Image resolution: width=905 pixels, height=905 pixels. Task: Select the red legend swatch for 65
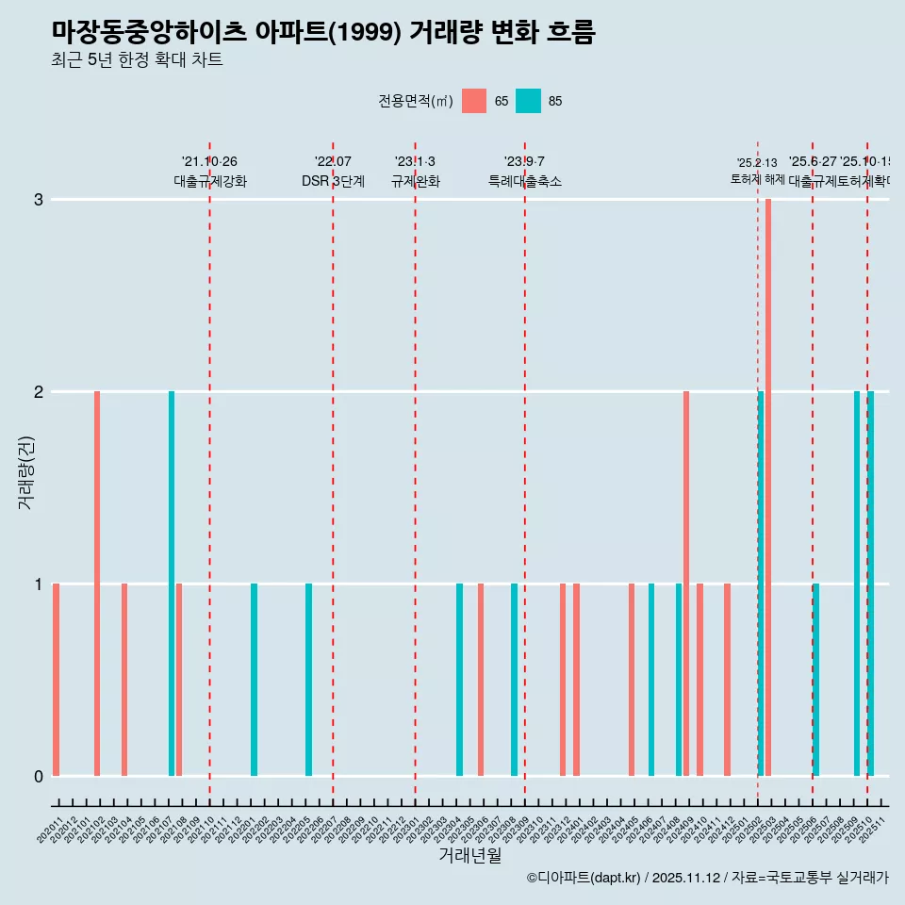[x=474, y=101]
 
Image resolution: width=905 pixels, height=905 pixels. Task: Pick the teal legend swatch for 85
[x=529, y=101]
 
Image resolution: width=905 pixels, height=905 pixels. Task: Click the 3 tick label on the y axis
[x=39, y=200]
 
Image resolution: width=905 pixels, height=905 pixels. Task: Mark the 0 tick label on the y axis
[x=39, y=777]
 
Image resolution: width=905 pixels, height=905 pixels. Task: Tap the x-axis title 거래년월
[x=469, y=856]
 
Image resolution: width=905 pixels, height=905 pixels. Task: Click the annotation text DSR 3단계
[x=333, y=181]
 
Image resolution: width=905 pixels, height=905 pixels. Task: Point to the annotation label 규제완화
[x=415, y=181]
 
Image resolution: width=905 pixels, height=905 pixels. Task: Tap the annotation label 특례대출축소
[x=524, y=181]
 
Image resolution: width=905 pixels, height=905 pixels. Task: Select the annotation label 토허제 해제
[x=757, y=179]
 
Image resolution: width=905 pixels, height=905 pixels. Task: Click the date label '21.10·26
[x=209, y=162]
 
